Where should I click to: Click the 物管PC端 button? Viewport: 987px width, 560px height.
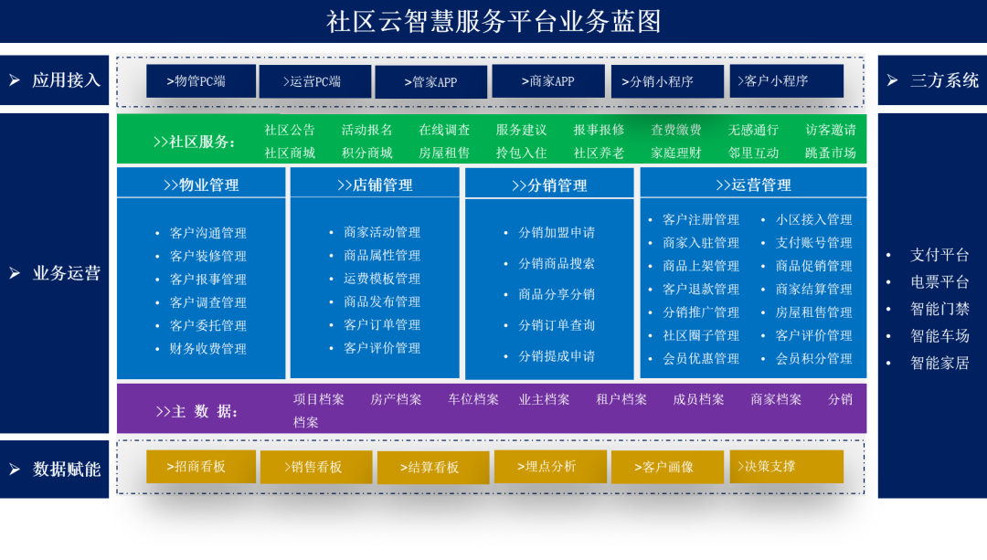202,81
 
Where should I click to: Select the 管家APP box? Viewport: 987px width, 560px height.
431,82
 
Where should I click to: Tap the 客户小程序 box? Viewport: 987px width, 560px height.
786,81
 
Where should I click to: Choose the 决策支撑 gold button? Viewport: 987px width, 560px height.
786,466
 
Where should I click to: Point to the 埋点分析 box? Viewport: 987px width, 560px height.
549,466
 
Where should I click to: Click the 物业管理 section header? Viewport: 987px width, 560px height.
201,185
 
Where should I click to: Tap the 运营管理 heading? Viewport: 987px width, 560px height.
753,185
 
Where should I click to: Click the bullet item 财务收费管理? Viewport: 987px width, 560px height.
207,349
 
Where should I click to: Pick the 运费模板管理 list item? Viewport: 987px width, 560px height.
382,279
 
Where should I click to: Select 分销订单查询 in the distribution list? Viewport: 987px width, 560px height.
557,325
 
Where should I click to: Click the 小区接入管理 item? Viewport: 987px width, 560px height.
813,220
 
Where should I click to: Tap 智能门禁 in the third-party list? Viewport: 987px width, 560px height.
939,309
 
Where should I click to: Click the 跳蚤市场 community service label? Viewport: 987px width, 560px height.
831,153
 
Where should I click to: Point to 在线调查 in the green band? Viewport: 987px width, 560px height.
444,130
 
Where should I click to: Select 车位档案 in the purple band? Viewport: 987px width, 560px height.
473,399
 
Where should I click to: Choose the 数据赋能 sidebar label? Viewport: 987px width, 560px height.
67,470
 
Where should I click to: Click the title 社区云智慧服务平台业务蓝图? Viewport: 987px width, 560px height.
493,21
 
